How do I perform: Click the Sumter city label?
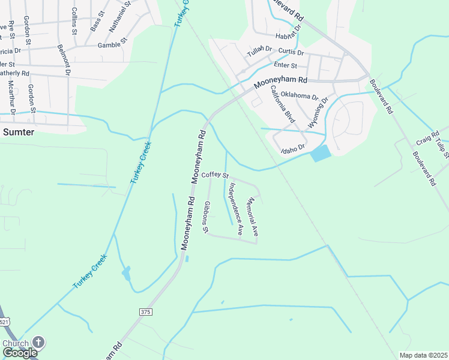coord(17,132)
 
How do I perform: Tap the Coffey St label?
coord(215,175)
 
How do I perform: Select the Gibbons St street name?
coord(206,217)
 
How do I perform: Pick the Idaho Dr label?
coord(294,148)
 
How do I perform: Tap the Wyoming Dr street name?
coord(318,112)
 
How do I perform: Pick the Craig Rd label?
coord(424,140)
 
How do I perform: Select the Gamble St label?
coord(113,44)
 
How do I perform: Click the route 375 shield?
coord(145,312)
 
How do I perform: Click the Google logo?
coord(20,353)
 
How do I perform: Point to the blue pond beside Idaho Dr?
coord(321,154)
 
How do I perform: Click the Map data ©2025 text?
coord(423,355)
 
